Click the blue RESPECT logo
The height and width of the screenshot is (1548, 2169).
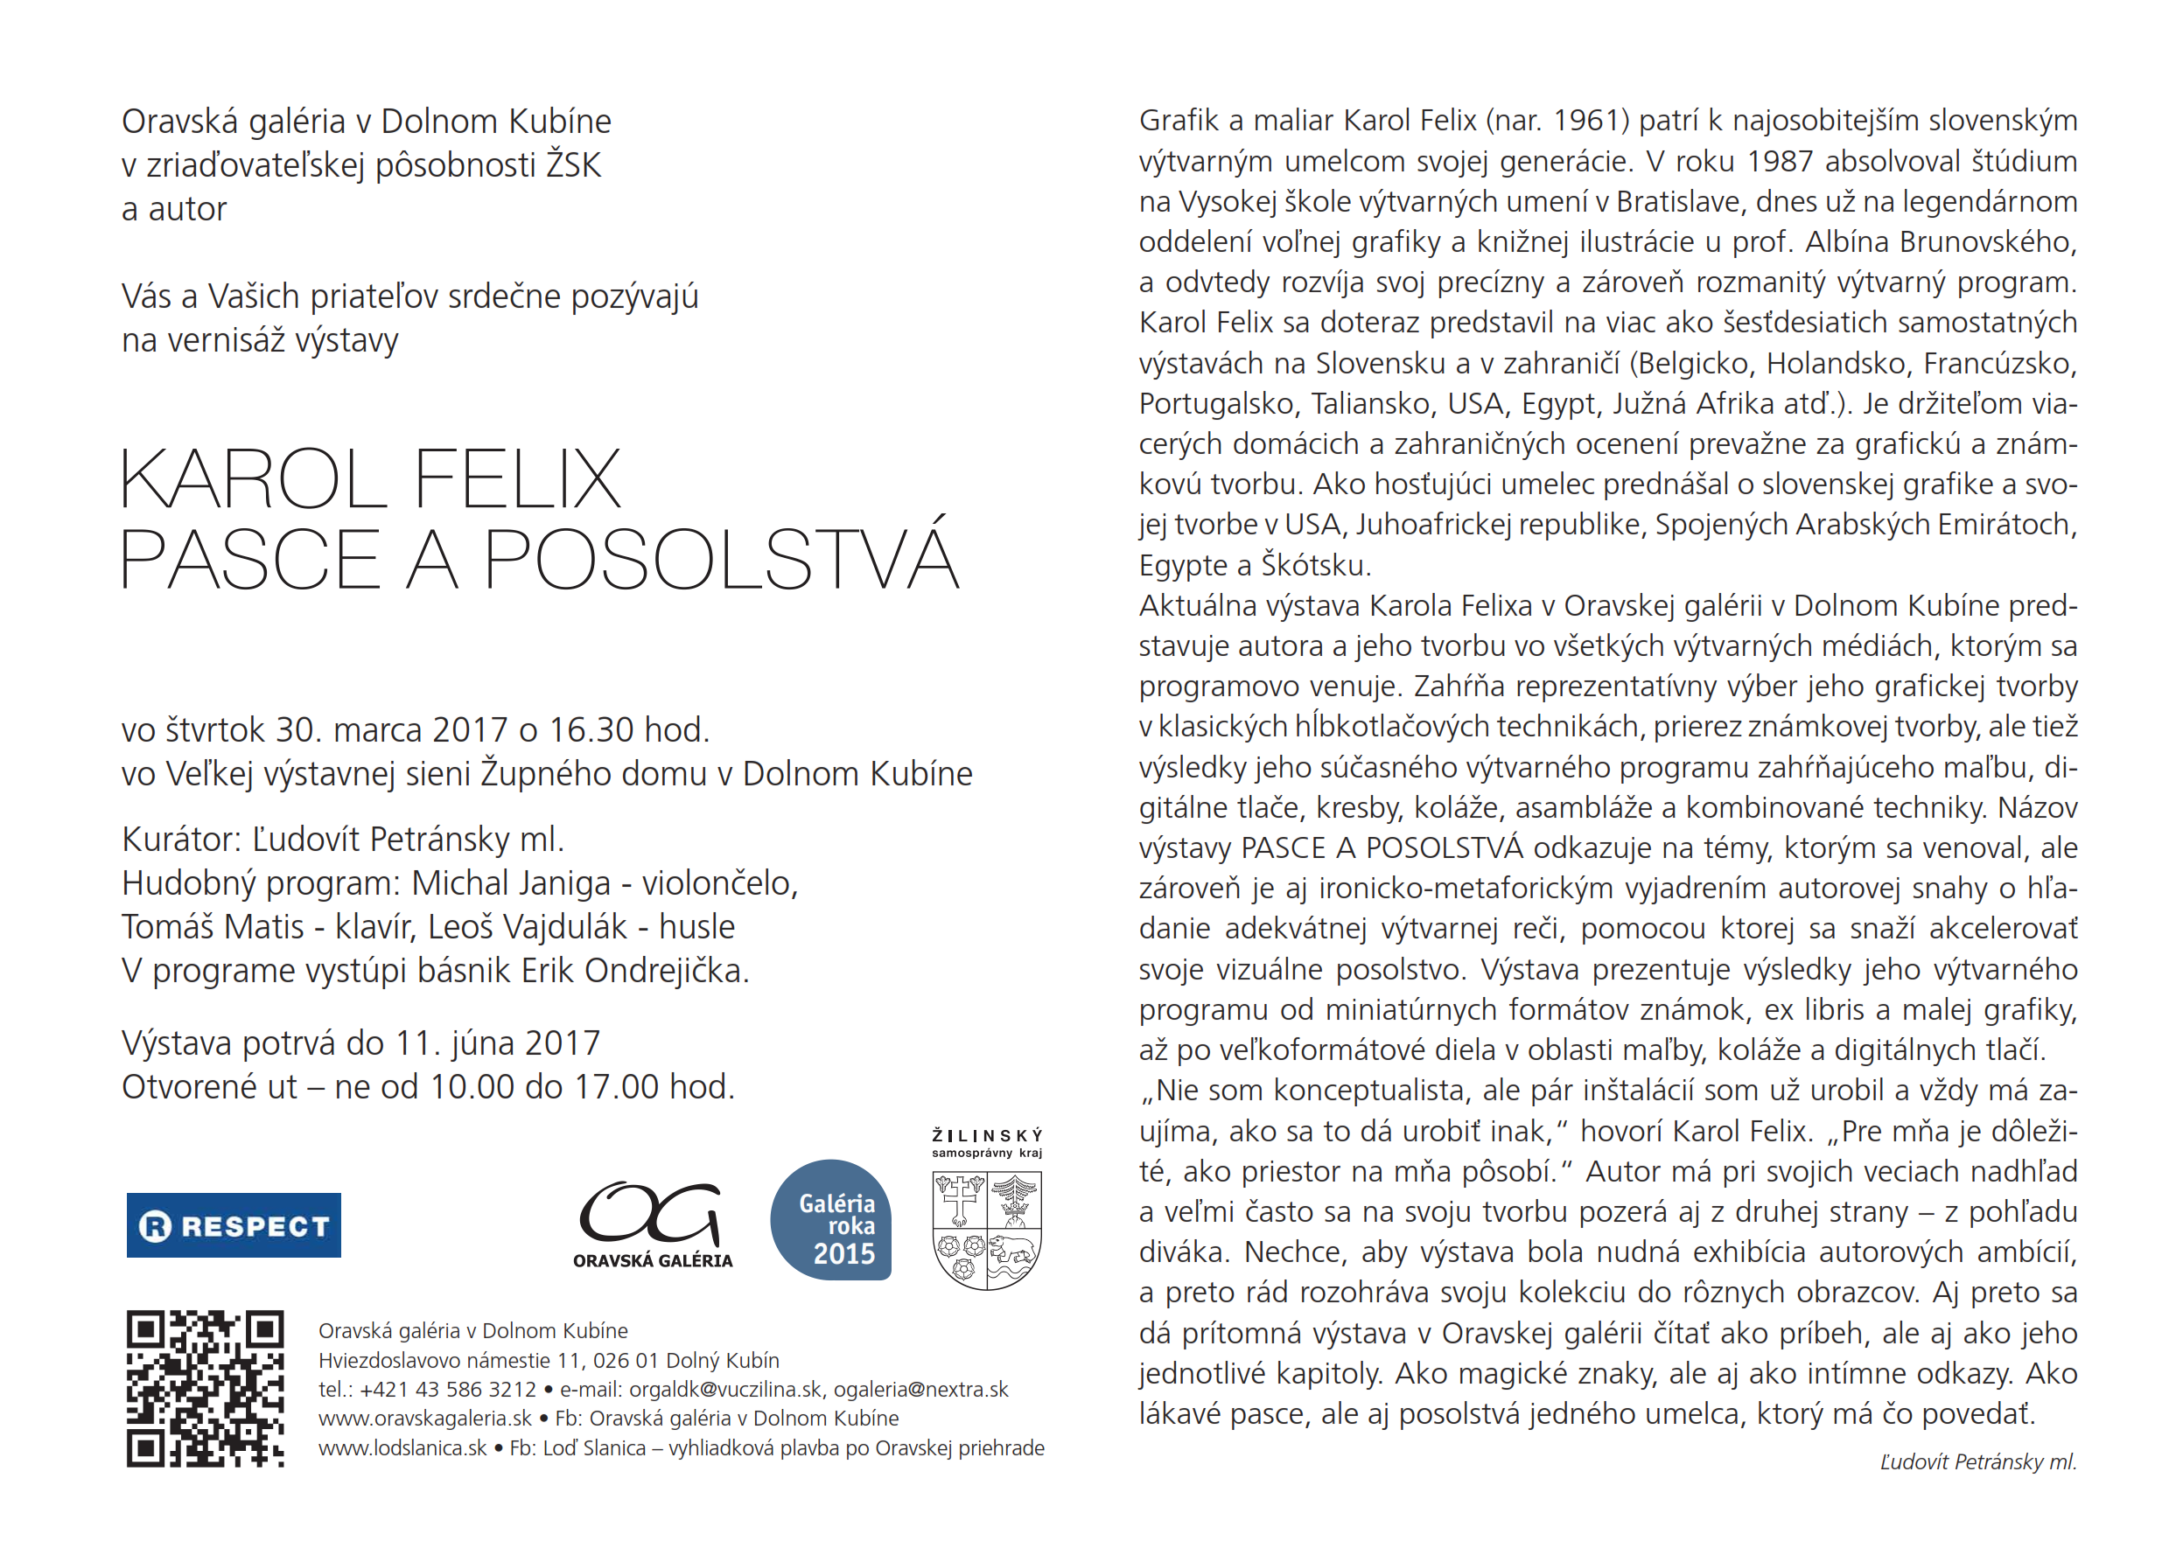[234, 1225]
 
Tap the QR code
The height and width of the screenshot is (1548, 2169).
[205, 1388]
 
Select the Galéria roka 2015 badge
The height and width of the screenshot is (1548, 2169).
[830, 1220]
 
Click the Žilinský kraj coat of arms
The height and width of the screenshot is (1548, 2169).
[987, 1230]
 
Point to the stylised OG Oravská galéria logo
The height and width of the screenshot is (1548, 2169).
[652, 1225]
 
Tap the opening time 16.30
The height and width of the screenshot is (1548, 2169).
[591, 730]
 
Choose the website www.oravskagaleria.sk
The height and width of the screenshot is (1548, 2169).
[425, 1419]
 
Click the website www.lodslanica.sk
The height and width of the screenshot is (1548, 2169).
[402, 1448]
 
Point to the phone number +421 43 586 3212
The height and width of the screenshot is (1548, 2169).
[448, 1390]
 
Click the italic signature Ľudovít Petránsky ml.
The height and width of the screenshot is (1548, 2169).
[1977, 1462]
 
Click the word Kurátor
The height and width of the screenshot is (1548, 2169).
[181, 840]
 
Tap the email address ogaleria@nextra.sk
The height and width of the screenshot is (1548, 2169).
[921, 1390]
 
